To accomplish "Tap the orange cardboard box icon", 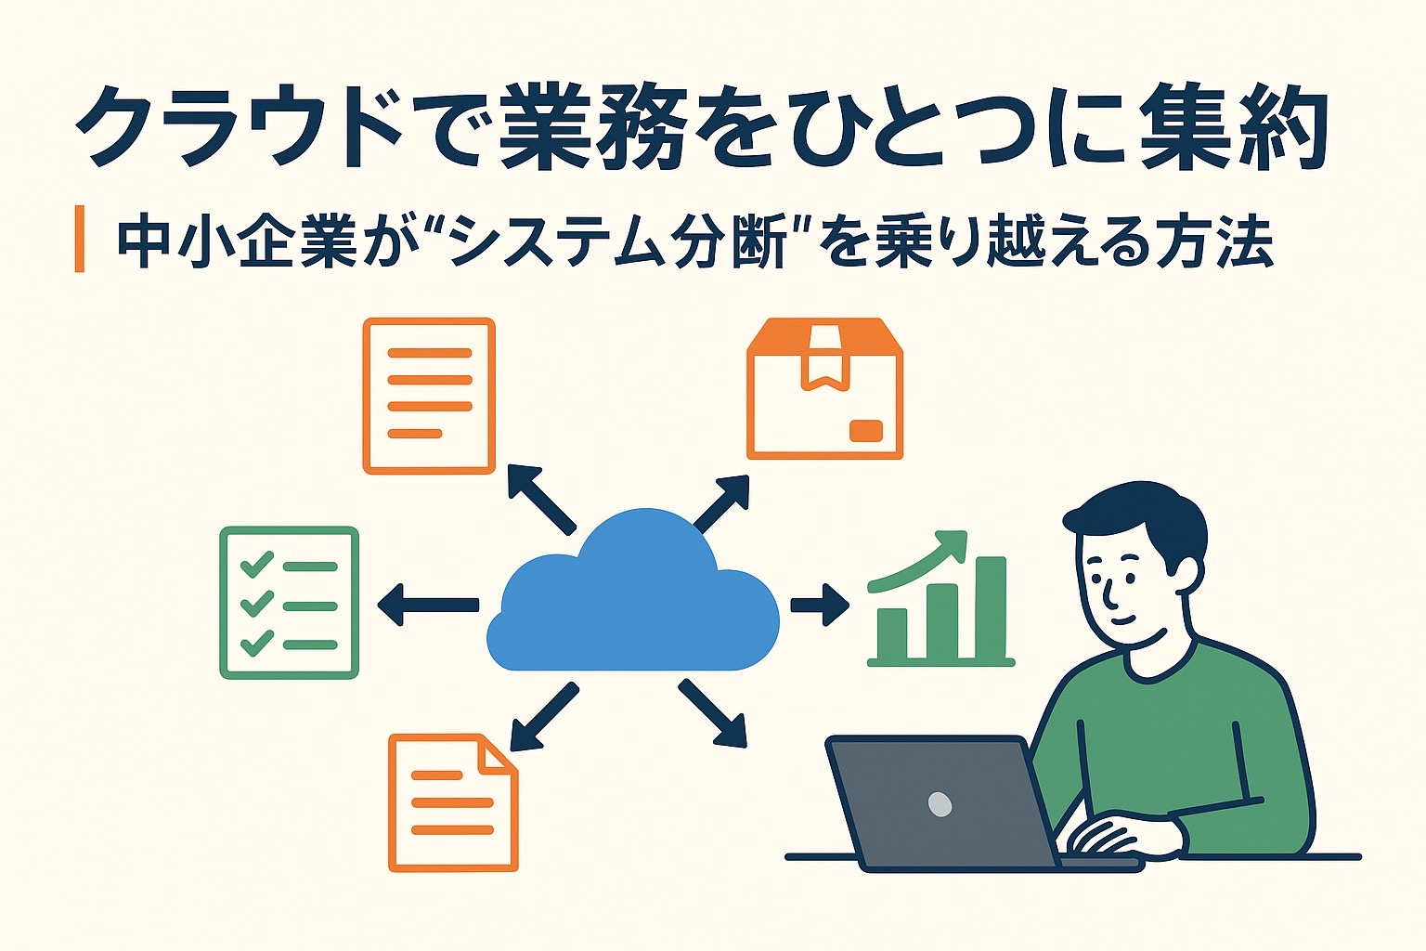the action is [825, 388].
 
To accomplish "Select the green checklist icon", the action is [289, 603].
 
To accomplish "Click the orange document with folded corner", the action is [453, 803].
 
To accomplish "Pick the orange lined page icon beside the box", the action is [429, 396].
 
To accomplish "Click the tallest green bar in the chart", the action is [992, 607].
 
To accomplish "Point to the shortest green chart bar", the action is [892, 633].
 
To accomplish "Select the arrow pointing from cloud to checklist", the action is [428, 605].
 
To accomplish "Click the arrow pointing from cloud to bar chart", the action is [820, 605].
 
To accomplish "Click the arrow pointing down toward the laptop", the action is [712, 712].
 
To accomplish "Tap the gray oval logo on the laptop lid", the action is [940, 804].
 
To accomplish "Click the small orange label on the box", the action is [866, 431].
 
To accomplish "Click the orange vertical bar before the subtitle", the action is [80, 239].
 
